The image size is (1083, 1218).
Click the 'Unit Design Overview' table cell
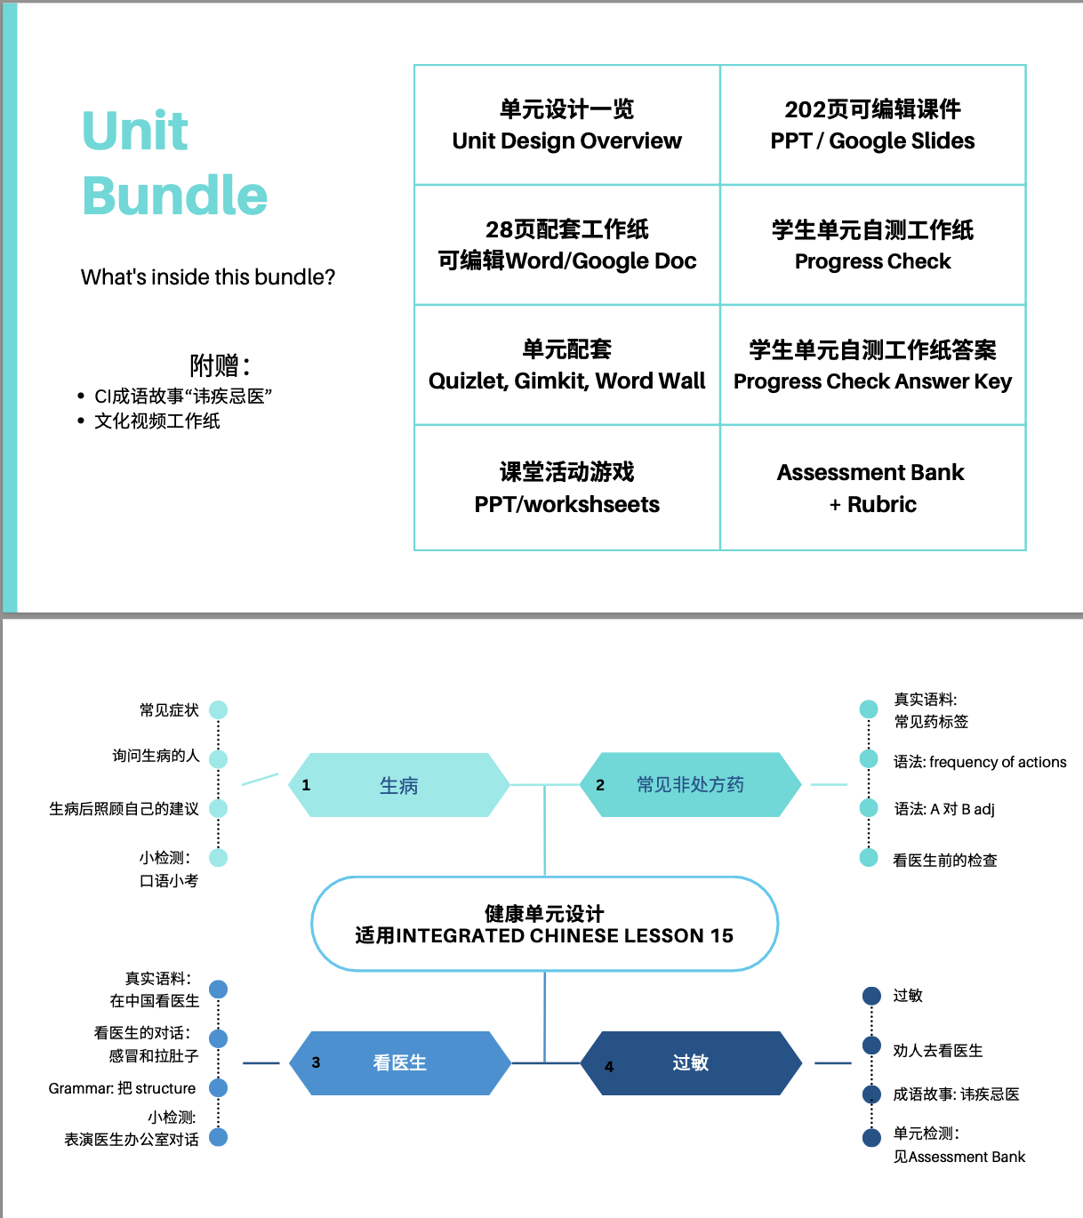point(566,125)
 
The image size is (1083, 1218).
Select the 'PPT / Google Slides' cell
point(872,125)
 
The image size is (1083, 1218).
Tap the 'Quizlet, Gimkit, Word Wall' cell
point(566,365)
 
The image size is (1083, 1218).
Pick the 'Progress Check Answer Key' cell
point(872,365)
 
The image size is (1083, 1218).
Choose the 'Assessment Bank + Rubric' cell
point(872,488)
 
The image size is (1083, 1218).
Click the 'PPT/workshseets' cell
point(566,488)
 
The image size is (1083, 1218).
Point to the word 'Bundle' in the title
point(175,196)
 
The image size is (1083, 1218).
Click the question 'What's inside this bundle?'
point(208,277)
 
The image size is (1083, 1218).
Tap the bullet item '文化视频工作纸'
point(157,421)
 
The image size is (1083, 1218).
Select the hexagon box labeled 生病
point(399,785)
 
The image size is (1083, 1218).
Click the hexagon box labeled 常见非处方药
point(690,785)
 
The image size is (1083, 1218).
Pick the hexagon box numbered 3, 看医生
point(400,1062)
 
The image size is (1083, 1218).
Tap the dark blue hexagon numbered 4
point(691,1062)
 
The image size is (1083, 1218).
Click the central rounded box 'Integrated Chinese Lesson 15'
point(544,925)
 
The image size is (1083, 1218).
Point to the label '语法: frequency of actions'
point(980,762)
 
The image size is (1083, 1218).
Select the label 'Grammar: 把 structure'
point(122,1088)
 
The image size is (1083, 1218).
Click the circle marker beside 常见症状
point(219,709)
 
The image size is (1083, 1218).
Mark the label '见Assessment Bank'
point(959,1157)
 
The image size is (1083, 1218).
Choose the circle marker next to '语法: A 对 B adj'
point(869,808)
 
